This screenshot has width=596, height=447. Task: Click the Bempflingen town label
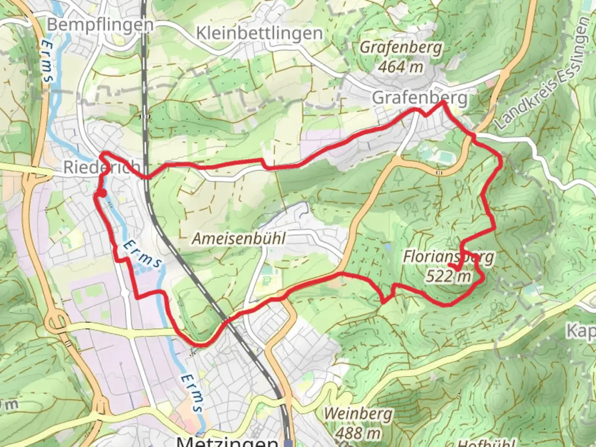click(x=100, y=25)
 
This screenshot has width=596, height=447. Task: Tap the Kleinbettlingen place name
click(x=259, y=33)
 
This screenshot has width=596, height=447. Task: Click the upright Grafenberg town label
click(x=419, y=98)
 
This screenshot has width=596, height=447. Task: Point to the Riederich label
click(x=101, y=167)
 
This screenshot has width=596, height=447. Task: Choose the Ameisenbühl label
click(x=239, y=238)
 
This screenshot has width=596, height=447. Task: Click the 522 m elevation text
click(x=449, y=276)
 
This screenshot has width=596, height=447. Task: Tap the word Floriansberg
click(x=449, y=257)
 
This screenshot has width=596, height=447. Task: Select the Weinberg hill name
click(x=358, y=413)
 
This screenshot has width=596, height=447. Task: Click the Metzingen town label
click(x=227, y=441)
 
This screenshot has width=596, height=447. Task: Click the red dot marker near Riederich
click(x=102, y=193)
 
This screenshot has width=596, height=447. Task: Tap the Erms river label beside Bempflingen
click(x=49, y=61)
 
